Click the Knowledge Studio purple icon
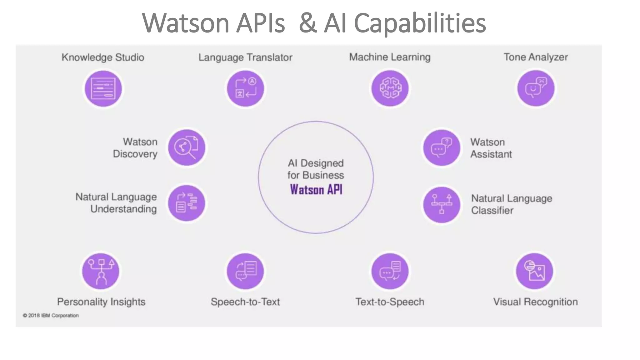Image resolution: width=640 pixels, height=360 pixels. click(103, 89)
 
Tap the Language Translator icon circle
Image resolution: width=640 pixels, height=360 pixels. click(245, 89)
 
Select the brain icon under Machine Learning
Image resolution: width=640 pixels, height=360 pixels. click(390, 88)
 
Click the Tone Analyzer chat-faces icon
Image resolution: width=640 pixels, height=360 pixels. click(536, 88)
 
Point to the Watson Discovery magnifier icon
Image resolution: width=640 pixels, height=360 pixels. click(187, 147)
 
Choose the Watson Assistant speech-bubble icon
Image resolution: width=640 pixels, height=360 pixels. click(442, 148)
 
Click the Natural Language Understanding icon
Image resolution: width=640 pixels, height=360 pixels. click(187, 203)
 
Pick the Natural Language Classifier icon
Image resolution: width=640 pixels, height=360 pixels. click(442, 205)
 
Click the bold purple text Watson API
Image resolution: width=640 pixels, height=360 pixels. click(316, 190)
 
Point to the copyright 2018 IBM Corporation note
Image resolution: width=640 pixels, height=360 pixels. click(51, 315)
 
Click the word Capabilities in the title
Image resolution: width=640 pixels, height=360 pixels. click(420, 23)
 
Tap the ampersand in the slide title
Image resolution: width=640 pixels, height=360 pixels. click(307, 23)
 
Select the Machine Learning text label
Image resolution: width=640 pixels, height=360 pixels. click(390, 57)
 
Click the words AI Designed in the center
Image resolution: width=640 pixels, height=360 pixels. click(316, 163)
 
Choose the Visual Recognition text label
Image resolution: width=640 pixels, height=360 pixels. click(535, 302)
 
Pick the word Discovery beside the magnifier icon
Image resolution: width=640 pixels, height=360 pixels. click(135, 154)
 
